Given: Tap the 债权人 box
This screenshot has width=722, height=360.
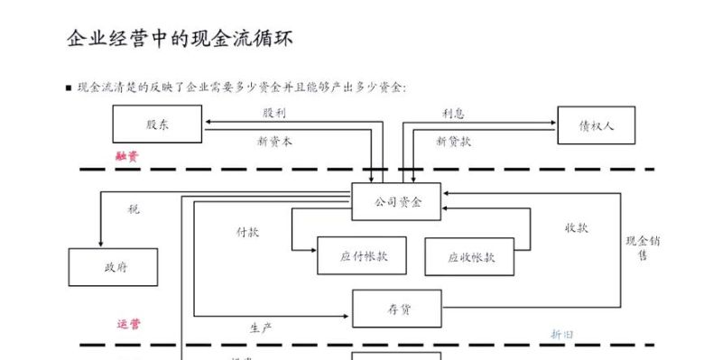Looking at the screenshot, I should (x=596, y=125).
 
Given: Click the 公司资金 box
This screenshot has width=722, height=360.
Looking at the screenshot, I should (x=397, y=201).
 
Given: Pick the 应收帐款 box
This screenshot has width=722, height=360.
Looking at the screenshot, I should (x=470, y=257).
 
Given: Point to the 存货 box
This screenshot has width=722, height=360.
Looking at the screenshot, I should (x=396, y=309).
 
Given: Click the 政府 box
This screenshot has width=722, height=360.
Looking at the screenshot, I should (x=114, y=267).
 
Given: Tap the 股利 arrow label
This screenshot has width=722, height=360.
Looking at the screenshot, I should (x=274, y=113).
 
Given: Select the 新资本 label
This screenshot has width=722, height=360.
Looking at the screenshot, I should (x=274, y=141).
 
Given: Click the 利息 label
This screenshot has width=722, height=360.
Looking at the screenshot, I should (x=453, y=113).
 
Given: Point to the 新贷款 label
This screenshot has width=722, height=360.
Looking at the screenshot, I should (x=453, y=141).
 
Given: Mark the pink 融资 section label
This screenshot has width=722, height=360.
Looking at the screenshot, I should (x=127, y=156).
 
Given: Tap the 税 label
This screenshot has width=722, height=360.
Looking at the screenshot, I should (x=134, y=208).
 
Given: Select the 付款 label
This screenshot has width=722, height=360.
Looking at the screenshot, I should (x=247, y=232).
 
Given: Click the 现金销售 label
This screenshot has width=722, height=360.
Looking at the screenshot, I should (x=643, y=248).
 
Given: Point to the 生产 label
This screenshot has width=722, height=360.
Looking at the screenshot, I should (x=261, y=327).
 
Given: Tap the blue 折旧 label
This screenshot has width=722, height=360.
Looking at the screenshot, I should (x=562, y=334).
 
